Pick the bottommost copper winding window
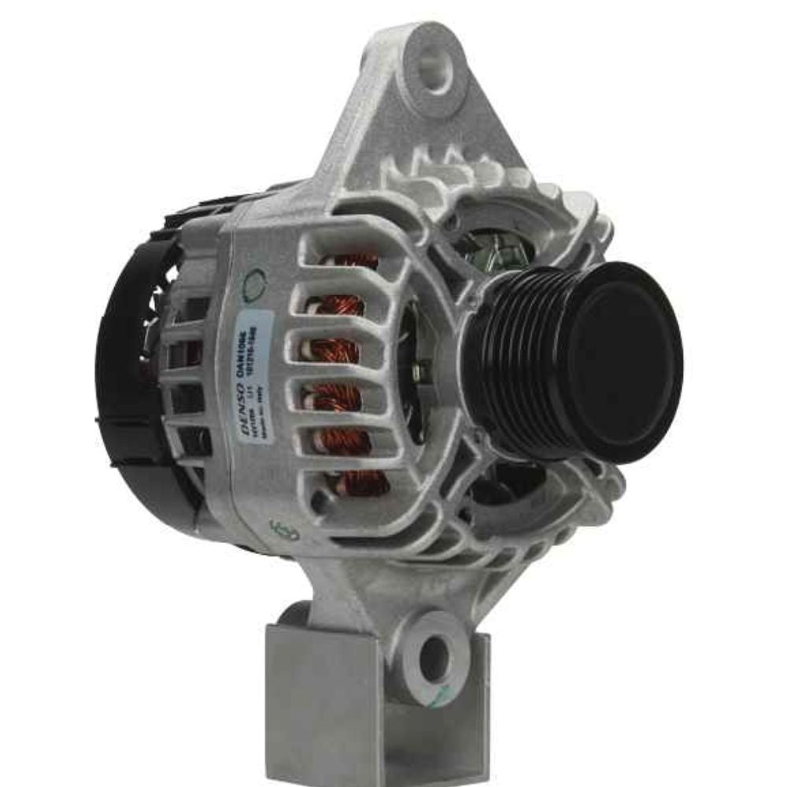tap(358, 484)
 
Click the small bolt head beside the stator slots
tap(422, 370)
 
